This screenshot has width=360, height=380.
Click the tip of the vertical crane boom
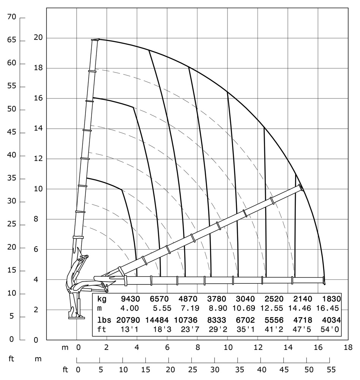[95, 40]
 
